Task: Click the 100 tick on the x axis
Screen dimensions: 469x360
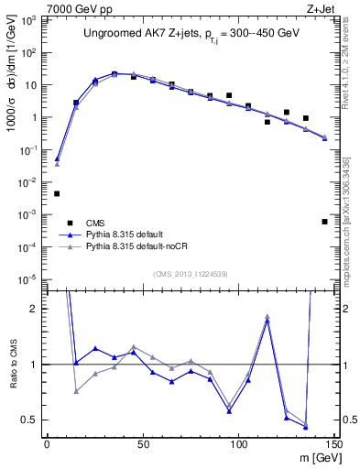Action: point(238,444)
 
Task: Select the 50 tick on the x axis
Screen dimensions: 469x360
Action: point(143,444)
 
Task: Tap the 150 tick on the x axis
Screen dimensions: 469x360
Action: point(333,444)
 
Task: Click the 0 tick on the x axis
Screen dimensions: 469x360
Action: point(48,444)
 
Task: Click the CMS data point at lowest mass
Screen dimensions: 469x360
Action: point(57,193)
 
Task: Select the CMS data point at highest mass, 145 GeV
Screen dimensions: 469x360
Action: point(324,222)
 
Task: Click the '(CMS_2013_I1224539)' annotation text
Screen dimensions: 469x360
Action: point(191,272)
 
